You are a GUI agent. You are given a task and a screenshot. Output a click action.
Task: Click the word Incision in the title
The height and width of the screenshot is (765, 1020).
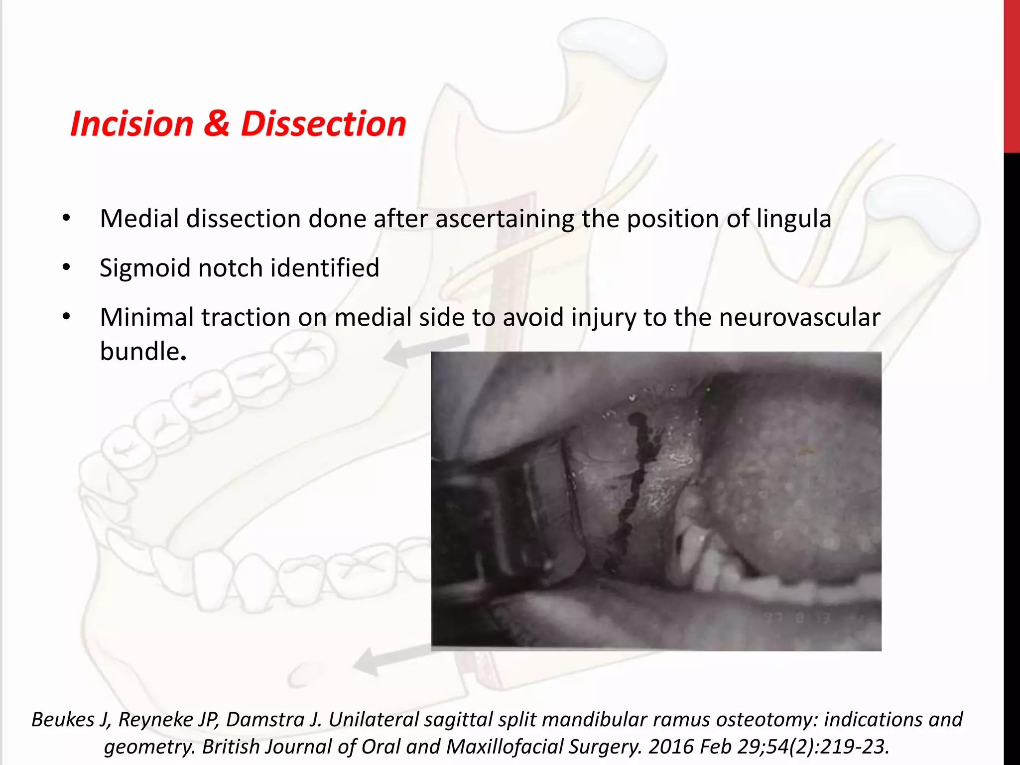131,124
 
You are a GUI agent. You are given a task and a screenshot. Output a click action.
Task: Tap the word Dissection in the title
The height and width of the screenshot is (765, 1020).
324,124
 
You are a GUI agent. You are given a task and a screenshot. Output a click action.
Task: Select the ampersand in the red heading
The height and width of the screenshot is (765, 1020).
216,124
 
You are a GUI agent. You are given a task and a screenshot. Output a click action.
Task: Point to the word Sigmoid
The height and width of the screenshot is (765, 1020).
145,268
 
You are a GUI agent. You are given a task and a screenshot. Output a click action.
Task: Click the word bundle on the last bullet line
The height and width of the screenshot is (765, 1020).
139,351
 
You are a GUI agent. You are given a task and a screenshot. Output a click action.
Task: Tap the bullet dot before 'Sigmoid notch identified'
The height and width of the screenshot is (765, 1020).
67,268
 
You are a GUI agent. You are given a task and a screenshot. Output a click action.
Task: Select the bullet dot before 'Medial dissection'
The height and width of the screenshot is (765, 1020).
67,219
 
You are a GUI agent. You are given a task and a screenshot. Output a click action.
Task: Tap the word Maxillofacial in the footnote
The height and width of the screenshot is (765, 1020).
505,747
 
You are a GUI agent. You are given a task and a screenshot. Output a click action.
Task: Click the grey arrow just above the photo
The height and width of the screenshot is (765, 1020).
423,349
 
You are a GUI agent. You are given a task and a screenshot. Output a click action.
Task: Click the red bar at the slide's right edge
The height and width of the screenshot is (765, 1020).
1012,75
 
